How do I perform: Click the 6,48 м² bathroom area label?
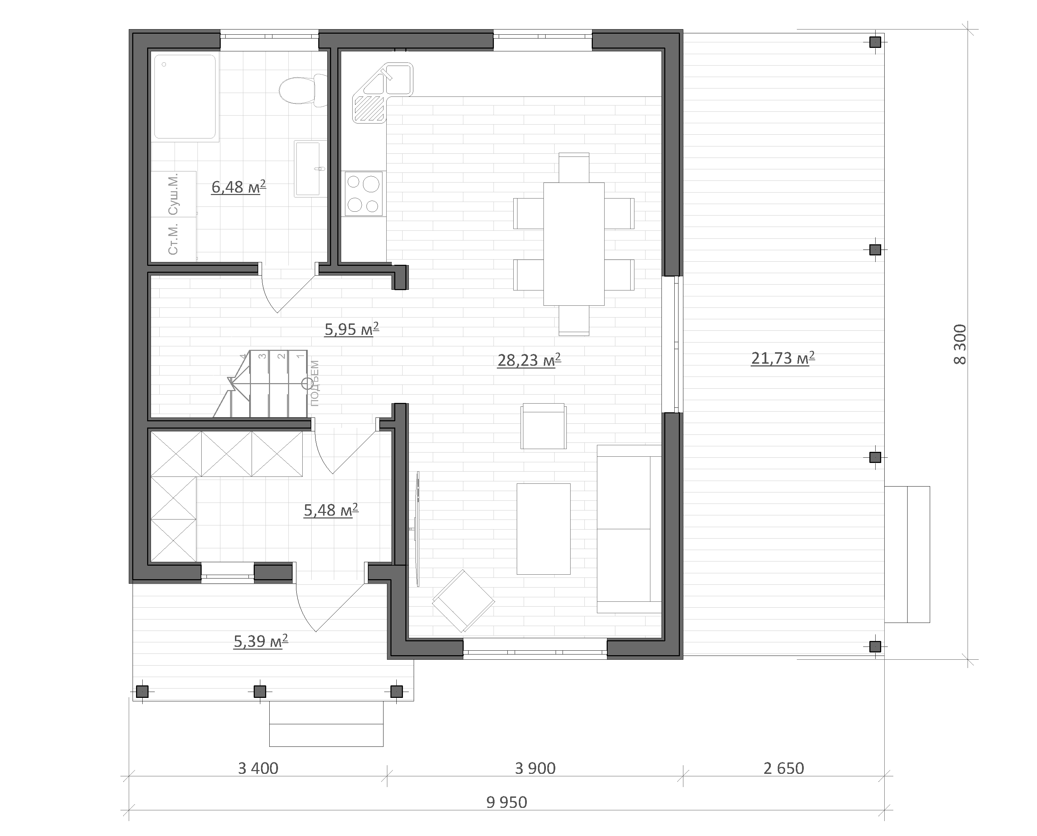pyautogui.click(x=238, y=187)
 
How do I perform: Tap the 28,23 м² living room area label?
pyautogui.click(x=529, y=360)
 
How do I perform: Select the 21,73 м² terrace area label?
pyautogui.click(x=783, y=358)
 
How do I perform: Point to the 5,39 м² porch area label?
pyautogui.click(x=261, y=641)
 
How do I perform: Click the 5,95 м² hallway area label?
pyautogui.click(x=352, y=329)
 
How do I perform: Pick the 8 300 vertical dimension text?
pyautogui.click(x=960, y=344)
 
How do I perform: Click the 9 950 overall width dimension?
pyautogui.click(x=507, y=802)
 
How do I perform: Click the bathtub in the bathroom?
pyautogui.click(x=185, y=97)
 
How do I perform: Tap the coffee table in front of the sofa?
pyautogui.click(x=543, y=529)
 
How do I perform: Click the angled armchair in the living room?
pyautogui.click(x=463, y=600)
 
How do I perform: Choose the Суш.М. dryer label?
pyautogui.click(x=173, y=194)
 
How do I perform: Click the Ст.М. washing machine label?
pyautogui.click(x=173, y=239)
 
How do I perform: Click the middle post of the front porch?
pyautogui.click(x=260, y=692)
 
